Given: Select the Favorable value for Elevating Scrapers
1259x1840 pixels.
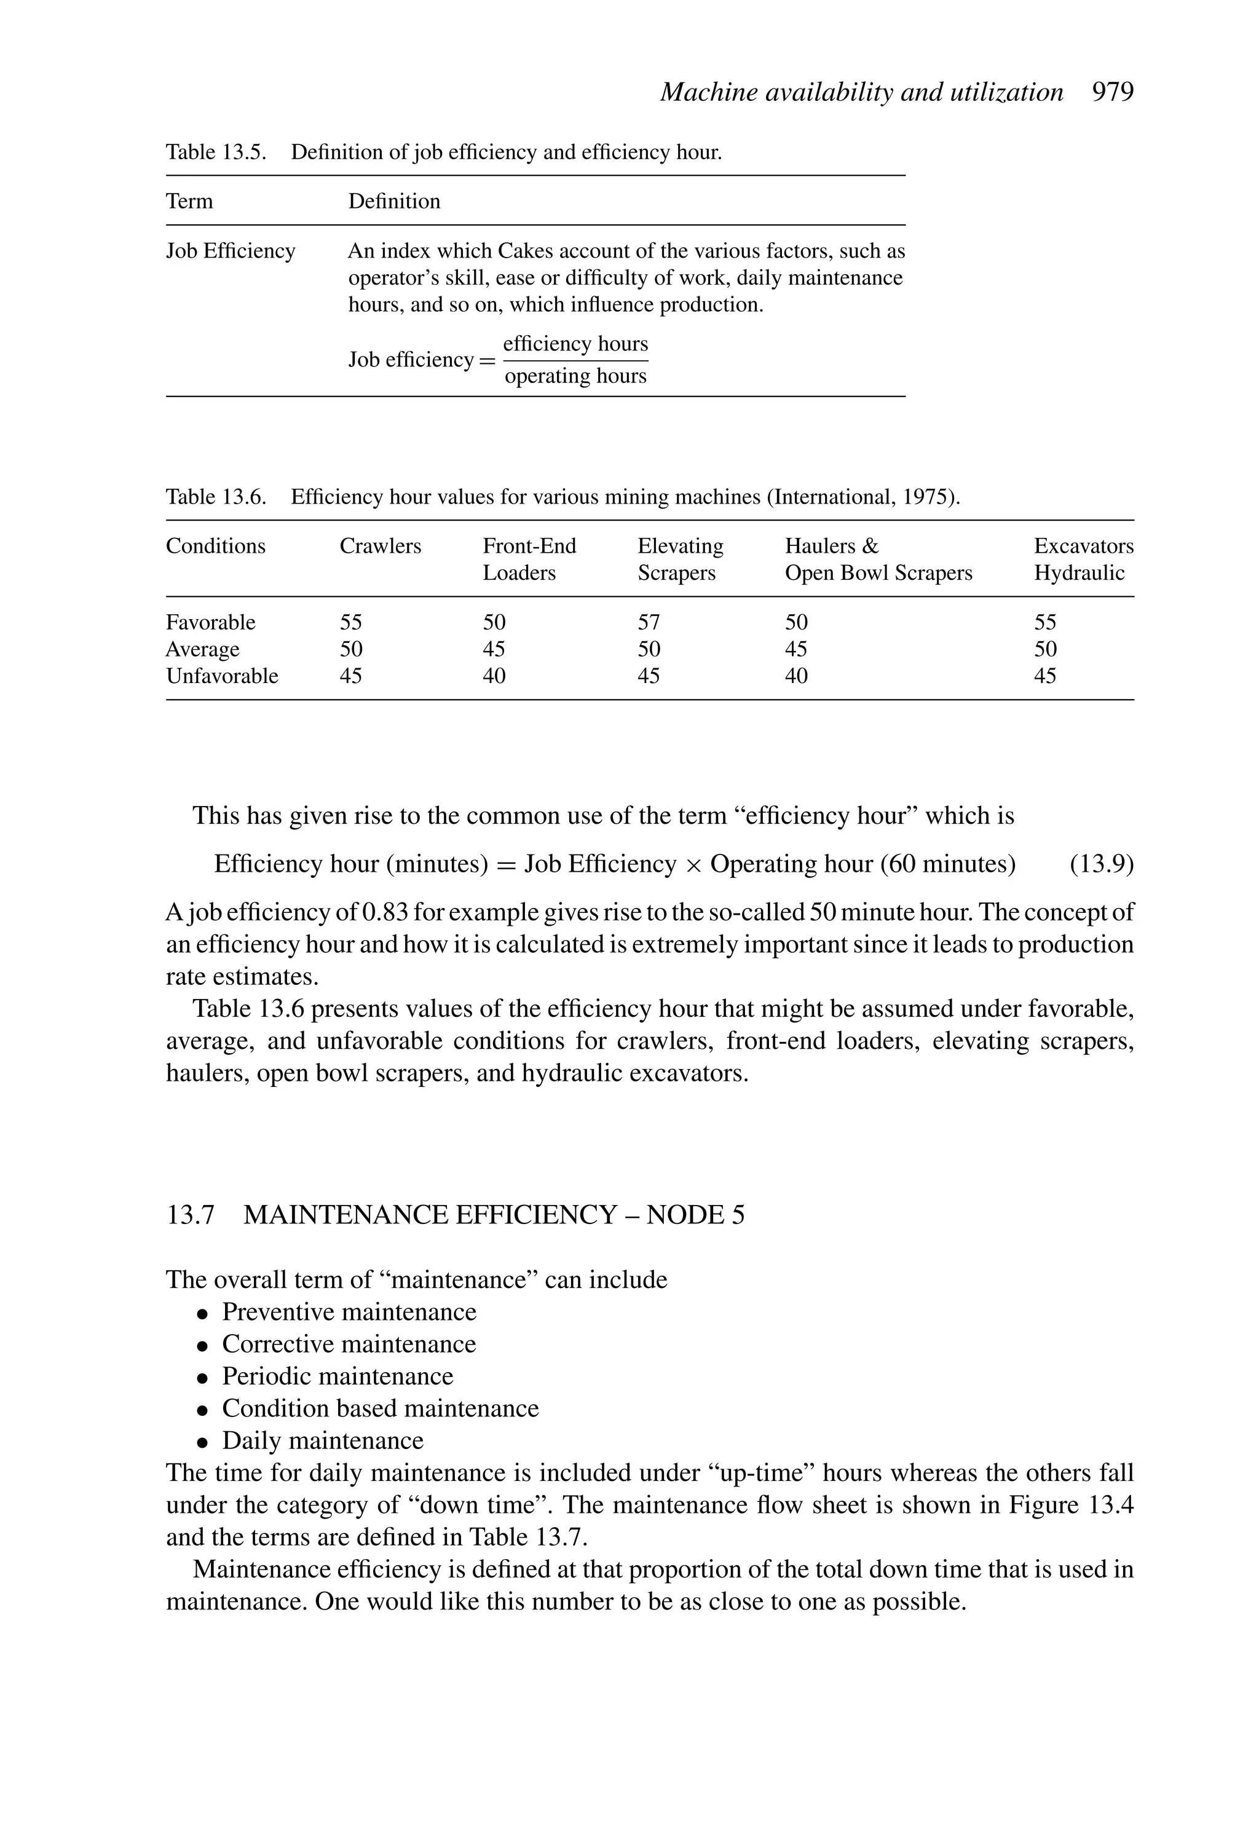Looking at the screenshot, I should [649, 622].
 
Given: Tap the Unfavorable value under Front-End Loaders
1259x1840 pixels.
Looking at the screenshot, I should [494, 676].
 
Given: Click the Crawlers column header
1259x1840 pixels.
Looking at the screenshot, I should [380, 547].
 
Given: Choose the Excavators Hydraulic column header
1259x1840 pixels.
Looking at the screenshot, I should [1083, 559].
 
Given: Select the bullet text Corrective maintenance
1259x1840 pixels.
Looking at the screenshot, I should [349, 1344].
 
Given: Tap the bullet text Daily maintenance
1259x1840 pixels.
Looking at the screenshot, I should [322, 1440].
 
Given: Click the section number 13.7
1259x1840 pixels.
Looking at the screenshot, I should [190, 1215].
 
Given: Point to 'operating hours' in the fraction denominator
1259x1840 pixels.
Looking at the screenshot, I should [575, 376].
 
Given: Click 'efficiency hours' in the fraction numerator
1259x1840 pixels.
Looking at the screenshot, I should [575, 344].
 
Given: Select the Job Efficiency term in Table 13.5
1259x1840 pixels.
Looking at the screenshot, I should [230, 251].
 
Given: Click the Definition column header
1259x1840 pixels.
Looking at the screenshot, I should [393, 201].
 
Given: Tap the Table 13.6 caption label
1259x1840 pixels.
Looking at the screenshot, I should [215, 497].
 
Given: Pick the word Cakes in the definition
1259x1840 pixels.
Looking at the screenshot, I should [525, 251].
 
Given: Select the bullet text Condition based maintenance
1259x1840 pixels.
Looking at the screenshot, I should [380, 1408].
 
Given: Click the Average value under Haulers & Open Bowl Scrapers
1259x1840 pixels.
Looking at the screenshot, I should [795, 649].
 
